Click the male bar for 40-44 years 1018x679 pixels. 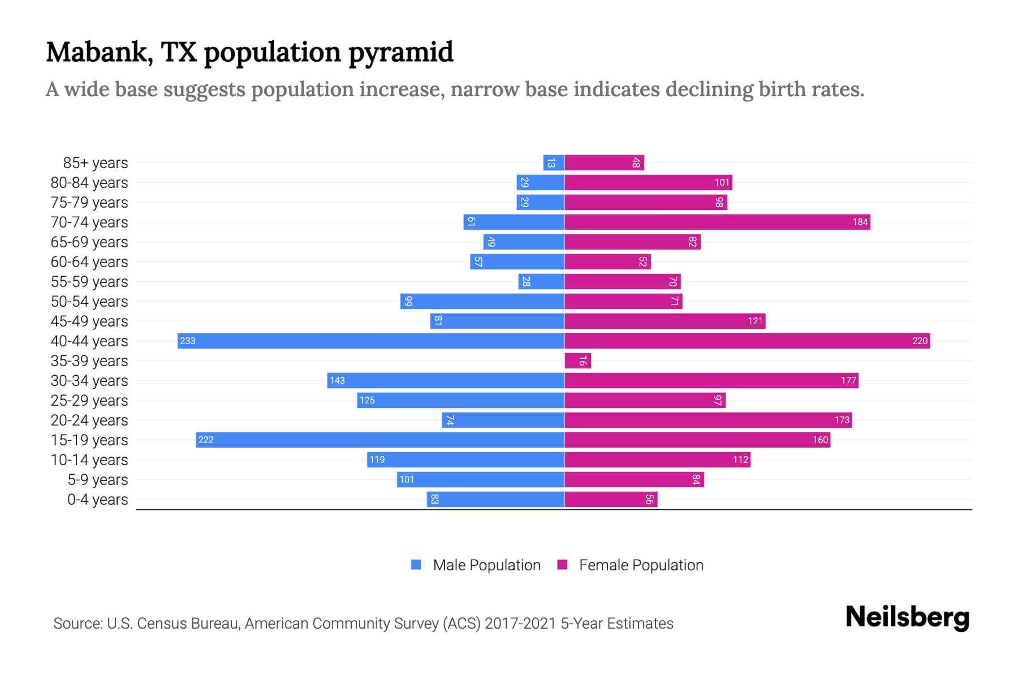(371, 341)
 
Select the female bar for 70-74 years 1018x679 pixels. (717, 222)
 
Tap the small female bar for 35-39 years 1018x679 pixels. (577, 360)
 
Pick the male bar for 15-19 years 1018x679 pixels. (380, 440)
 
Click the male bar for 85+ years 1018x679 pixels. (554, 163)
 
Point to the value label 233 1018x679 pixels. (188, 341)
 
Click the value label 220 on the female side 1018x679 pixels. (920, 341)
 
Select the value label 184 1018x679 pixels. (860, 222)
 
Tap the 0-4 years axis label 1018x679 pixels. (97, 500)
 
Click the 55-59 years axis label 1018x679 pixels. (89, 282)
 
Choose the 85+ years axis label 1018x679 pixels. (96, 163)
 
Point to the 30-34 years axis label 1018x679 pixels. (89, 381)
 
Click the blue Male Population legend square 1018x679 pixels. (416, 565)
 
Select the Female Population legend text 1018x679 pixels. (641, 565)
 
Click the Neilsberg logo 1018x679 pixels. (907, 617)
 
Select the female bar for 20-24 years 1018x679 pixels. (708, 420)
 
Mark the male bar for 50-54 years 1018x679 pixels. (482, 301)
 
